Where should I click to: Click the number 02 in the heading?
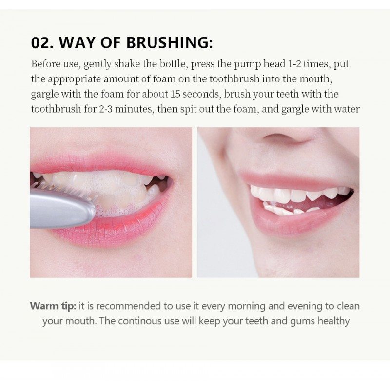(x=41, y=42)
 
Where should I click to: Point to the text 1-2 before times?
(x=294, y=64)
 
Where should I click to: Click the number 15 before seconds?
(x=175, y=94)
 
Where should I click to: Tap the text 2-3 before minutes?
(x=106, y=109)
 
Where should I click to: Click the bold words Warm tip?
(x=53, y=306)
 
